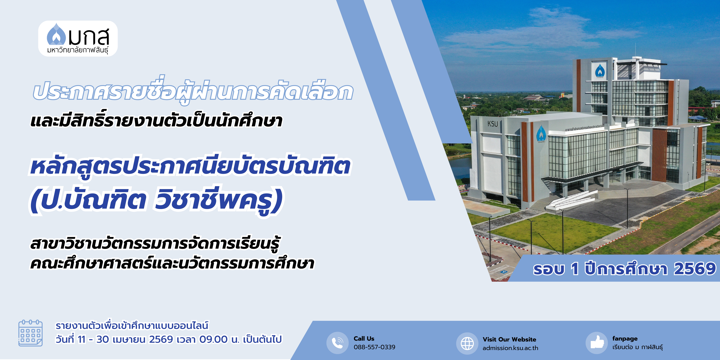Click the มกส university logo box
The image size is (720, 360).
(78, 39)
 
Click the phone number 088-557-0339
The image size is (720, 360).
(375, 347)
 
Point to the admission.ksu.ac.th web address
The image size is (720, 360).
(510, 348)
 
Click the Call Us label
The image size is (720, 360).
(364, 338)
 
